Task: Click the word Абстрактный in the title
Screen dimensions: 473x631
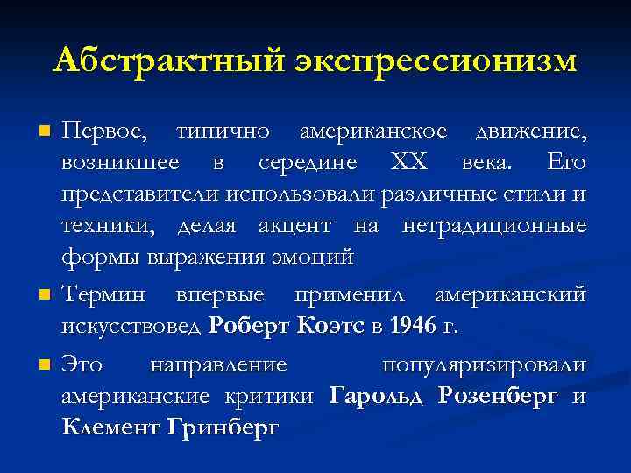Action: [x=166, y=60]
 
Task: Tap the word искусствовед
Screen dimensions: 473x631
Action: [x=131, y=327]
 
